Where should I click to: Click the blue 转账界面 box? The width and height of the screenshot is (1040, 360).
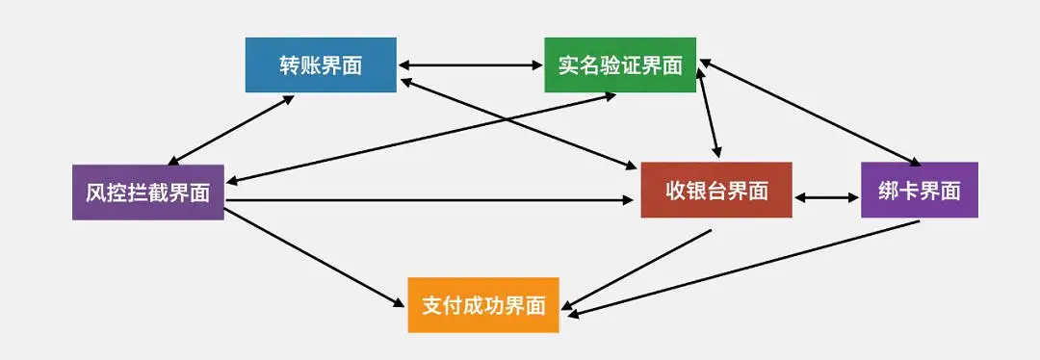click(x=321, y=64)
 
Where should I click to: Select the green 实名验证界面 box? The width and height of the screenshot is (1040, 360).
click(x=619, y=64)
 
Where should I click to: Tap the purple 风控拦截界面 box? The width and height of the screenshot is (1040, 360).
click(x=147, y=192)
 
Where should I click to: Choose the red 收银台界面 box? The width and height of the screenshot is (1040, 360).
click(x=716, y=191)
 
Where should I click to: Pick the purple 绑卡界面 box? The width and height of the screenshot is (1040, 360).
click(x=920, y=191)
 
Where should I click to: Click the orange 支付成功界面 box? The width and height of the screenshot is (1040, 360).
click(x=483, y=305)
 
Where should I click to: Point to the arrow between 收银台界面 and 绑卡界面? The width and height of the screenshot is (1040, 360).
click(x=826, y=198)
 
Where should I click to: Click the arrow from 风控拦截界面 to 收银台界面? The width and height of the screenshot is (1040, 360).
click(x=433, y=200)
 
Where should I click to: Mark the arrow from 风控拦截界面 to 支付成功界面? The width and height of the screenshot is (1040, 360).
click(x=315, y=257)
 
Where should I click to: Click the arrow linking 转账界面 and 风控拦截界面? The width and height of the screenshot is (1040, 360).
click(x=231, y=129)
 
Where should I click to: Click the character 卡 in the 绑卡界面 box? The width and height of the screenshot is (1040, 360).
click(x=908, y=191)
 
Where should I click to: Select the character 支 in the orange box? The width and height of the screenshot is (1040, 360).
click(x=432, y=305)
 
